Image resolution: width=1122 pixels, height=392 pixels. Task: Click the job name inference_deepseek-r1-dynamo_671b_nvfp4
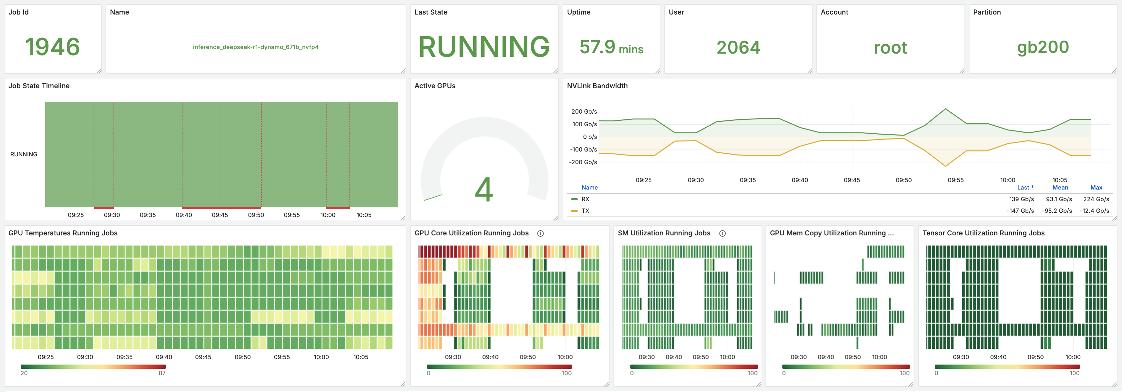pyautogui.click(x=256, y=47)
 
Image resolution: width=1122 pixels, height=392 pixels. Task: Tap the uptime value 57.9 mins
pyautogui.click(x=611, y=47)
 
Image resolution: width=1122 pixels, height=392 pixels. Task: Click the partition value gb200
pyautogui.click(x=1043, y=47)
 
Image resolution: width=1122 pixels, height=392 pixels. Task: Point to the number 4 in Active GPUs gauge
pyautogui.click(x=484, y=190)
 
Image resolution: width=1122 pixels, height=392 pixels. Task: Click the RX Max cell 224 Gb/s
pyautogui.click(x=1096, y=199)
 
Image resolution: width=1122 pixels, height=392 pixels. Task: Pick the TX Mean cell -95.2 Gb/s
pyautogui.click(x=1057, y=211)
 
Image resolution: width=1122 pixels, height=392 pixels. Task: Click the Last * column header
pyautogui.click(x=1025, y=188)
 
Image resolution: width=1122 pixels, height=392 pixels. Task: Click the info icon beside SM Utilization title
pyautogui.click(x=722, y=233)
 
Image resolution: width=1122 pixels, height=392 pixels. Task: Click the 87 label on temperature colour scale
pyautogui.click(x=162, y=373)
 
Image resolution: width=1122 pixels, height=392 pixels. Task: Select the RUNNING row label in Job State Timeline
pyautogui.click(x=24, y=154)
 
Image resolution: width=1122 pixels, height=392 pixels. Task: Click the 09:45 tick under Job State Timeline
pyautogui.click(x=220, y=215)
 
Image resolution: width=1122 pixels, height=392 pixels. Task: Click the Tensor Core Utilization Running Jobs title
pyautogui.click(x=983, y=233)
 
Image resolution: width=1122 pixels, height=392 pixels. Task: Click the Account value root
pyautogui.click(x=890, y=47)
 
